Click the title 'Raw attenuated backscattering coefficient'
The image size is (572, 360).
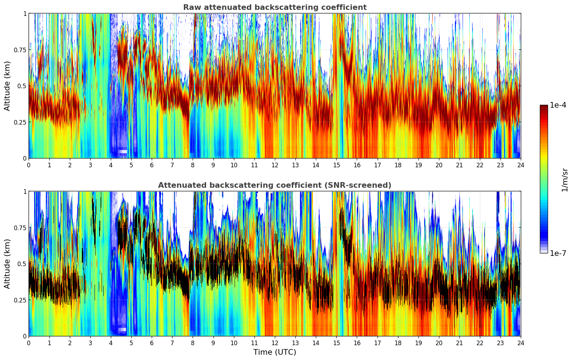tap(275, 7)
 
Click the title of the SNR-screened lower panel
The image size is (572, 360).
tap(275, 185)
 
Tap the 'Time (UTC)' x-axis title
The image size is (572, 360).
tap(275, 352)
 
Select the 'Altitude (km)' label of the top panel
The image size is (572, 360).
tap(7, 86)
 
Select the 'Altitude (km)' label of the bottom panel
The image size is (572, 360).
tap(7, 264)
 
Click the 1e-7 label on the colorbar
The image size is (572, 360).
tap(558, 253)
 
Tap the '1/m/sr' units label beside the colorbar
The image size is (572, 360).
tap(565, 180)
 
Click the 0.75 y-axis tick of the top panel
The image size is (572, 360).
tap(20, 50)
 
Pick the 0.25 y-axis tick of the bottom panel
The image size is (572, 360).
tap(20, 300)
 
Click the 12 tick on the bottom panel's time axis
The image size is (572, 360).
tap(275, 343)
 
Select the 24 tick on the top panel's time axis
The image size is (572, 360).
tap(520, 165)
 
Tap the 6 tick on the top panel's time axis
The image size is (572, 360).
tap(152, 165)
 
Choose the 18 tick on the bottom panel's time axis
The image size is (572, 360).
tap(398, 343)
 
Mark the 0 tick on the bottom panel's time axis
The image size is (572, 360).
tap(29, 343)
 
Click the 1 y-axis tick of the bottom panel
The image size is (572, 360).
tap(25, 192)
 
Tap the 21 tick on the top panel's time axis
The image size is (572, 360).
tap(459, 165)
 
